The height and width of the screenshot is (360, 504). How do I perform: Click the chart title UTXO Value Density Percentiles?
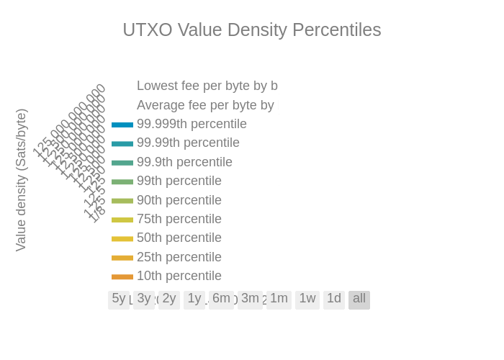pos(251,30)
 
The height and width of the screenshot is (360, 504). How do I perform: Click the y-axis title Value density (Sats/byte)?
pos(21,180)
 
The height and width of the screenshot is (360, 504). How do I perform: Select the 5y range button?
pos(119,299)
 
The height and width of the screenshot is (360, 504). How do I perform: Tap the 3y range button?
pos(144,299)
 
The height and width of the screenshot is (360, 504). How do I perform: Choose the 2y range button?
pos(169,299)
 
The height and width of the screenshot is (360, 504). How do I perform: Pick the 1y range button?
pos(194,299)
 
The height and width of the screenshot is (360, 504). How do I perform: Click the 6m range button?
pos(221,299)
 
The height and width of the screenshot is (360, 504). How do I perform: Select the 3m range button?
pos(250,299)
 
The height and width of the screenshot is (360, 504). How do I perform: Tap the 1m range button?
pos(279,299)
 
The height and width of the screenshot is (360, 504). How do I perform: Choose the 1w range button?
pos(307,299)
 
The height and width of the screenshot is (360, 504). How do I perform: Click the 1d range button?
pos(334,299)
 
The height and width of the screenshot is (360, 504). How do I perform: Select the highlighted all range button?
pos(359,299)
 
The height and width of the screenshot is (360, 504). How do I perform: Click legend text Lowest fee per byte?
pos(207,86)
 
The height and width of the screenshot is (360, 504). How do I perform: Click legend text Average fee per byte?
pos(205,106)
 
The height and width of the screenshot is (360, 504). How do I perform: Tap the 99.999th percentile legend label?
pos(192,124)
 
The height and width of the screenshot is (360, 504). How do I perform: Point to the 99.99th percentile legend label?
pos(188,143)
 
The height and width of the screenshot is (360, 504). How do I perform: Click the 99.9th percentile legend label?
pos(184,162)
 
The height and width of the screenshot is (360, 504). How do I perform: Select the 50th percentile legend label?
pos(179,238)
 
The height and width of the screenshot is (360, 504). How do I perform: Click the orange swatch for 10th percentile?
pos(122,276)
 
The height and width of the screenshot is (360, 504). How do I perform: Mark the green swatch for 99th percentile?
pos(122,181)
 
